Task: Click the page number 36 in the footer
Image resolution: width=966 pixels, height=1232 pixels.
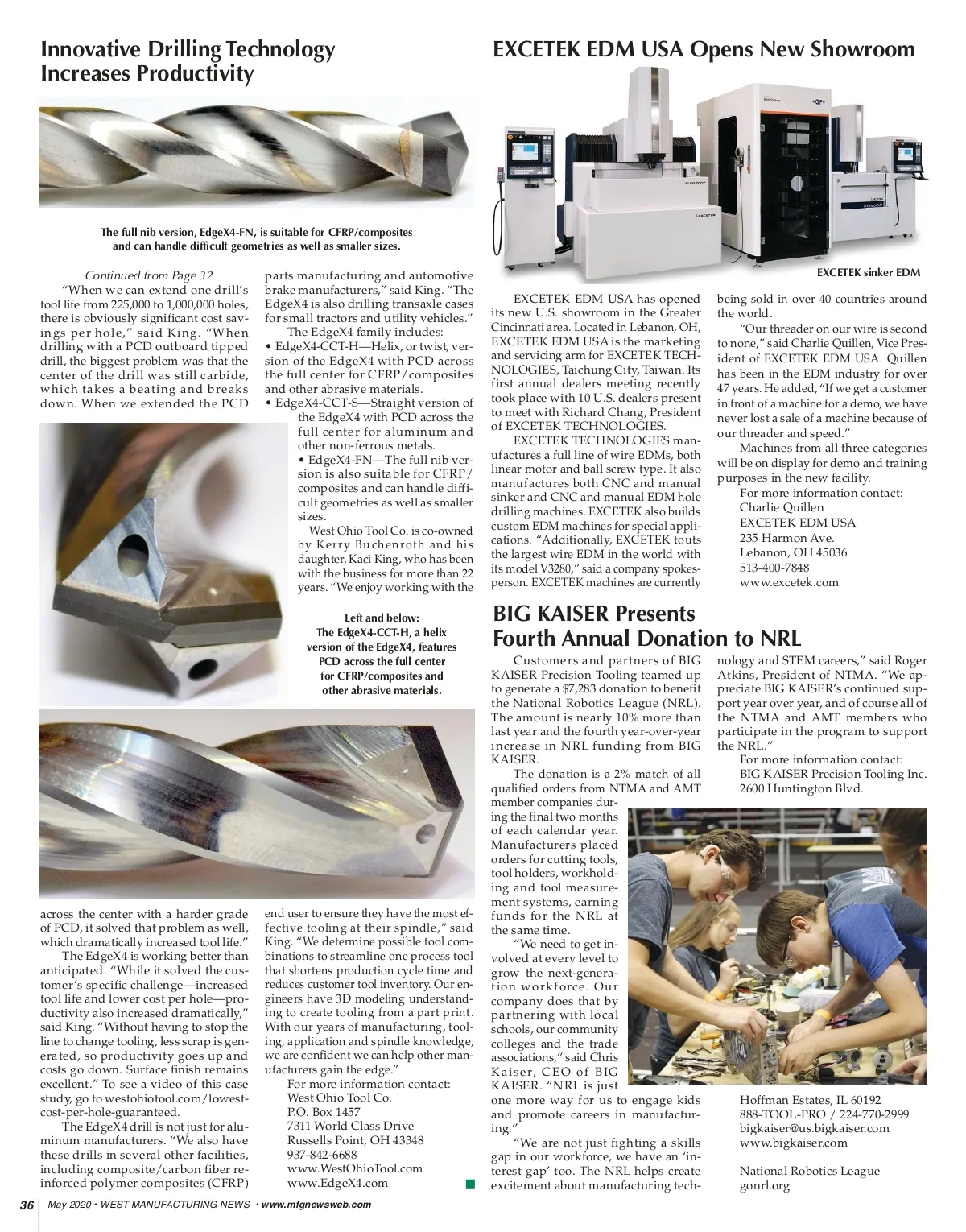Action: tap(27, 1205)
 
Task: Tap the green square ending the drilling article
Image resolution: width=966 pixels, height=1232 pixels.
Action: tap(470, 1183)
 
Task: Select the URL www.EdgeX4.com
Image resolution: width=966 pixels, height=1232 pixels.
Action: tap(337, 1183)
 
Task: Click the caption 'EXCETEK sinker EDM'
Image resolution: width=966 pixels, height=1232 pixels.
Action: tap(868, 272)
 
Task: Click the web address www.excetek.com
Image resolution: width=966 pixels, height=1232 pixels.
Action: tap(789, 582)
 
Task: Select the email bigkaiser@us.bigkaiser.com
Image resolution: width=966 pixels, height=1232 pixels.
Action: tap(815, 1128)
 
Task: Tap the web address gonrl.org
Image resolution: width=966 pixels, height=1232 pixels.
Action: tap(765, 1185)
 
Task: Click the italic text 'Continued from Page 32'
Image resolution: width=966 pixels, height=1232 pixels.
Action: tap(149, 275)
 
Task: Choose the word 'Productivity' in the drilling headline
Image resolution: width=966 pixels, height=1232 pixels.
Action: tap(195, 74)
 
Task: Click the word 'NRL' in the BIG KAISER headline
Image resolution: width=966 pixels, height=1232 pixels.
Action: tap(780, 639)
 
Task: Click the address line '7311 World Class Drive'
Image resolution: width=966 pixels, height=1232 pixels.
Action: tap(350, 1126)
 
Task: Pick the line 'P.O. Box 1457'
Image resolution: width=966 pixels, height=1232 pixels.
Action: tap(324, 1111)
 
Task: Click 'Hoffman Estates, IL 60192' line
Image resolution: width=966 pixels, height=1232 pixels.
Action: tap(810, 1100)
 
